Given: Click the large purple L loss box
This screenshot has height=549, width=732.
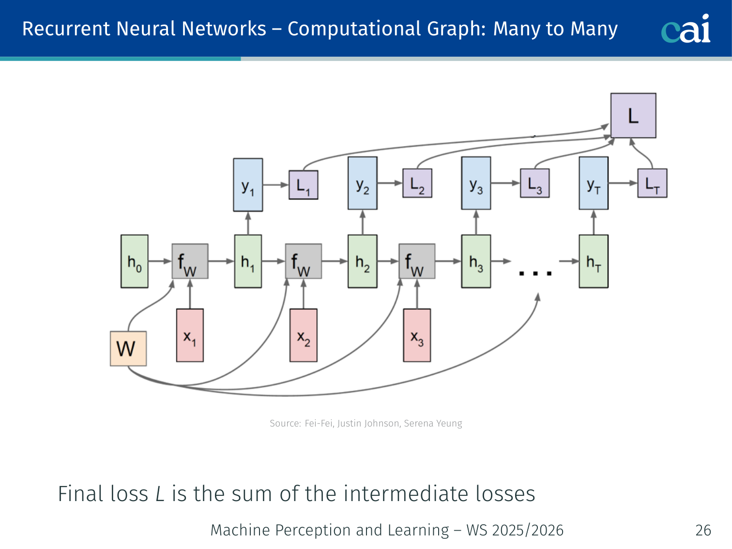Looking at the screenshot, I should coord(633,116).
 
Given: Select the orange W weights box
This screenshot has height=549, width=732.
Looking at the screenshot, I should coord(128,349).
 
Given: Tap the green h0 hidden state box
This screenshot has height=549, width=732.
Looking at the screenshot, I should coord(135,261).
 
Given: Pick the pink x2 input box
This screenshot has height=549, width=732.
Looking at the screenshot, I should coord(304,335).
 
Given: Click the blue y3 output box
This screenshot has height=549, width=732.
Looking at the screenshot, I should coord(476,183).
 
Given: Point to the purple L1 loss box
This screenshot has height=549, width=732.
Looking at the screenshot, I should coord(304,184).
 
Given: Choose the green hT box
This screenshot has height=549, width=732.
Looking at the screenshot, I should coord(594,261).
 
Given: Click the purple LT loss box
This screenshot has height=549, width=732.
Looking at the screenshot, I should coord(652,183).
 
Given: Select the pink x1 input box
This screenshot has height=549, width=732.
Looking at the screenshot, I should coord(190,335).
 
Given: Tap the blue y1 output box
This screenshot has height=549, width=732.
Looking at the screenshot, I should coord(248,184).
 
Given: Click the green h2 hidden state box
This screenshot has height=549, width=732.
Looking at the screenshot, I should coord(362,261).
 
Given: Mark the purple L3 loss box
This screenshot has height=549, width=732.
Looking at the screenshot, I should coord(534,183).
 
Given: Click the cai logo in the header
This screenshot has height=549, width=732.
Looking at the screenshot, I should coord(686,29).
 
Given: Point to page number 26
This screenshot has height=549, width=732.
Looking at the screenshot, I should coord(703,530).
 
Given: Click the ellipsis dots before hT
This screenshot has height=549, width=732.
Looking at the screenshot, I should coord(535,274).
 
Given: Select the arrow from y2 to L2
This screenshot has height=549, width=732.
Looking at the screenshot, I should coord(390,183).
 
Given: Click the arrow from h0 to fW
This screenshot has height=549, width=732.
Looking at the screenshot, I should coord(160,261).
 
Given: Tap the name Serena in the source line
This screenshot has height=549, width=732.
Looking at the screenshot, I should coord(418,424).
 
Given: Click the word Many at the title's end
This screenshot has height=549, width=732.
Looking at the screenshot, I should coord(594,29).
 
